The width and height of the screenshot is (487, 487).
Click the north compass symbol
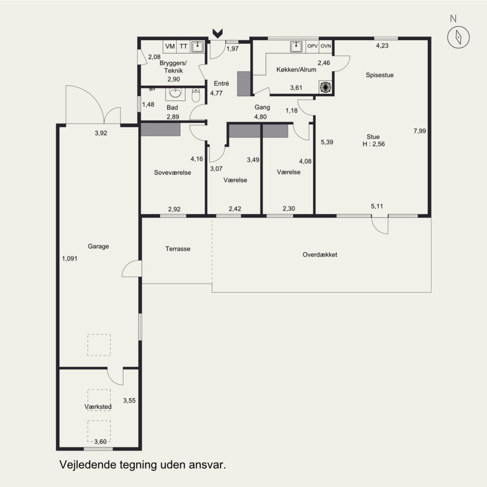(x=458, y=37)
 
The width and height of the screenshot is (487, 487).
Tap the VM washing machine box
(x=170, y=46)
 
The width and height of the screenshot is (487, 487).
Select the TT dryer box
(x=183, y=46)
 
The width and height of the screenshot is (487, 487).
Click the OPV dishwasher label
(x=312, y=46)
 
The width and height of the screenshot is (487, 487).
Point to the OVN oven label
(x=326, y=46)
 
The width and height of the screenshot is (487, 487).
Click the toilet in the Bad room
(x=195, y=95)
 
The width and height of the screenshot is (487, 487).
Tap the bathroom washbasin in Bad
(x=175, y=93)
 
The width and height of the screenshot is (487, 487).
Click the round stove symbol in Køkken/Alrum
(x=325, y=87)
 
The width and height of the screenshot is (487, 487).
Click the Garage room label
(x=98, y=247)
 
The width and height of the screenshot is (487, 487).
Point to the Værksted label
(x=98, y=407)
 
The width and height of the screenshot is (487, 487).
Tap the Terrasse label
(x=178, y=249)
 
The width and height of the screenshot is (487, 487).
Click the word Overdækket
(x=320, y=254)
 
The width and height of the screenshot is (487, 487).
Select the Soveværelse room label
(x=172, y=173)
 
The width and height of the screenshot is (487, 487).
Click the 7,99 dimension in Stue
(x=419, y=131)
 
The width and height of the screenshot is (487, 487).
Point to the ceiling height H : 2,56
(x=374, y=144)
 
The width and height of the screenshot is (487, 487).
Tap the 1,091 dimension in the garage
(x=69, y=258)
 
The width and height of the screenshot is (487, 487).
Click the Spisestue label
(x=379, y=75)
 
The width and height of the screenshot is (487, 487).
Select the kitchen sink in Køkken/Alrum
(x=296, y=47)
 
